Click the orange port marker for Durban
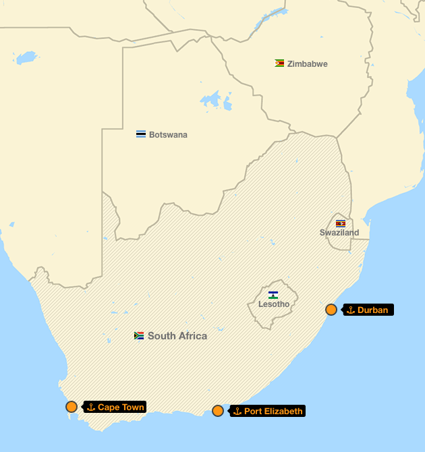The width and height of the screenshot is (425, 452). [x=331, y=310]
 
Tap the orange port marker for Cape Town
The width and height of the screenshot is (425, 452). [x=72, y=407]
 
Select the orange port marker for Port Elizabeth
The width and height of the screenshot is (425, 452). [x=218, y=411]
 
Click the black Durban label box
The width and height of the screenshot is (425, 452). [x=368, y=310]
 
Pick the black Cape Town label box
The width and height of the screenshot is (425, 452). [x=115, y=407]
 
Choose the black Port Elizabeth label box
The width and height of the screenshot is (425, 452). [x=268, y=411]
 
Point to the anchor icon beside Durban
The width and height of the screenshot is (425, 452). [x=351, y=310]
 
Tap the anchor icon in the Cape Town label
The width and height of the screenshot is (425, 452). [x=90, y=407]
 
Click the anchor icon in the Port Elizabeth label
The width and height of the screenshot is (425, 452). [x=237, y=411]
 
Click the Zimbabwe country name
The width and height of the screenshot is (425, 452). [x=308, y=64]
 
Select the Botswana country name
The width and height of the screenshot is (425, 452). [x=168, y=135]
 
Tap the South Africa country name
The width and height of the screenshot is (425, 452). [x=177, y=336]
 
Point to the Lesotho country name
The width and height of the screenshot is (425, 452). [x=274, y=304]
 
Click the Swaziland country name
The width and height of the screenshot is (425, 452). [x=339, y=233]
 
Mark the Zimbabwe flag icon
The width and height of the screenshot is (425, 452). [x=279, y=63]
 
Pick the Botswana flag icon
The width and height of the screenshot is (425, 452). [x=141, y=134]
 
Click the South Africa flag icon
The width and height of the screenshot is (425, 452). [x=139, y=335]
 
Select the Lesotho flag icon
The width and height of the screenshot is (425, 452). [x=273, y=295]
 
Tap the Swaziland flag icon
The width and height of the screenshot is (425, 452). [x=341, y=223]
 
